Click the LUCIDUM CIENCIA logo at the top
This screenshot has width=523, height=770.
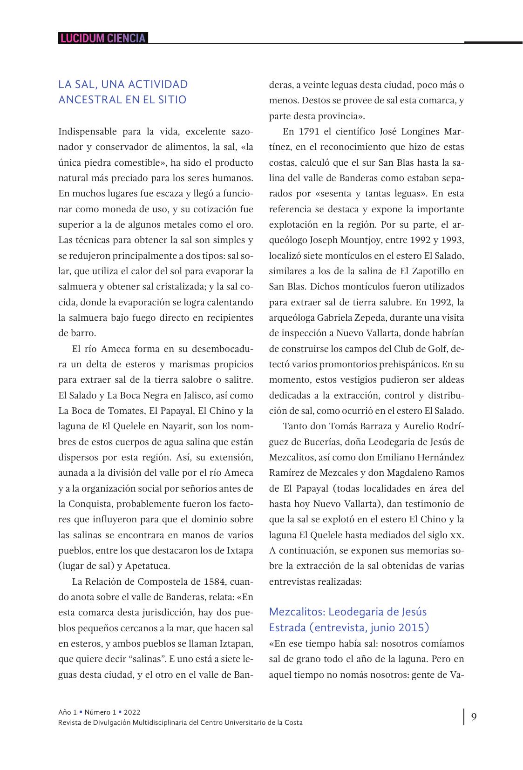tap(103, 38)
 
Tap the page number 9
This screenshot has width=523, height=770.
tap(474, 717)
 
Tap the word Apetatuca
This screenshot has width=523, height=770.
tap(148, 566)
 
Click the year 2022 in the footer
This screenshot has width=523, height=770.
tap(132, 712)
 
